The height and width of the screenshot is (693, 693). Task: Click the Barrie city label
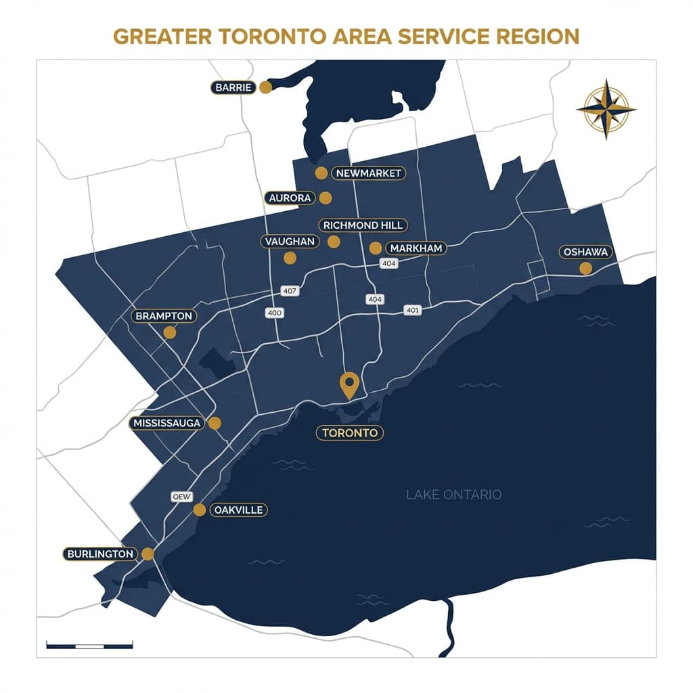tap(232, 87)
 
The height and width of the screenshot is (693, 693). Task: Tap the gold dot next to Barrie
tap(265, 87)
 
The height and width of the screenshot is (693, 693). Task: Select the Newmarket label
tap(368, 173)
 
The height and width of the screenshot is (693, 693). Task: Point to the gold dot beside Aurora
tap(326, 198)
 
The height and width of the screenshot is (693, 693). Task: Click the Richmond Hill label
tap(363, 225)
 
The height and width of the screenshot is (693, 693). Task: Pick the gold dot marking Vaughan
tap(290, 257)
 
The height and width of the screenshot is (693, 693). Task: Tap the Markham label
tap(416, 248)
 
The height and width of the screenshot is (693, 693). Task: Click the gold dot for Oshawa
tap(585, 268)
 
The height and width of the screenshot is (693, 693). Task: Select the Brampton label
tap(164, 316)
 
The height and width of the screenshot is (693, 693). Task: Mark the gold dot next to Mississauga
tap(215, 423)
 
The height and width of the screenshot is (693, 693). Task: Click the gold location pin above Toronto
tap(349, 385)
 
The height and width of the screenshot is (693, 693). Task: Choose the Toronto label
tap(350, 433)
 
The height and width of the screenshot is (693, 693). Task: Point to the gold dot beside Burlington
tap(148, 554)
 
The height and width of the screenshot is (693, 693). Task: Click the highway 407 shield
tap(289, 290)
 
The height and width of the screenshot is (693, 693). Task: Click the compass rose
tap(606, 109)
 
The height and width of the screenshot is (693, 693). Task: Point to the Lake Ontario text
tap(453, 495)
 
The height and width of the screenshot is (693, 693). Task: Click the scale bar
tap(89, 645)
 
